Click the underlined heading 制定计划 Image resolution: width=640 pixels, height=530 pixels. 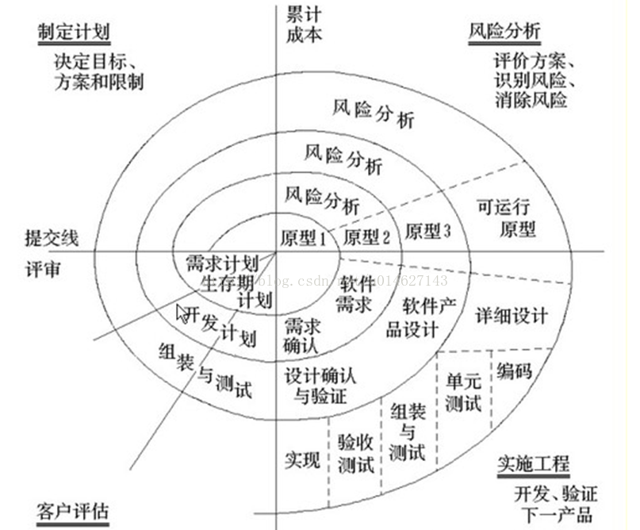[73, 32]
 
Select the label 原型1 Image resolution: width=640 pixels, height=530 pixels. [304, 237]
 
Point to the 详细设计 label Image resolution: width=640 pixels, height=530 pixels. [512, 315]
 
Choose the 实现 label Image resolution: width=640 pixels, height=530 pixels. [301, 458]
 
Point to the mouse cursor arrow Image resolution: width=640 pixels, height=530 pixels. [182, 314]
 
